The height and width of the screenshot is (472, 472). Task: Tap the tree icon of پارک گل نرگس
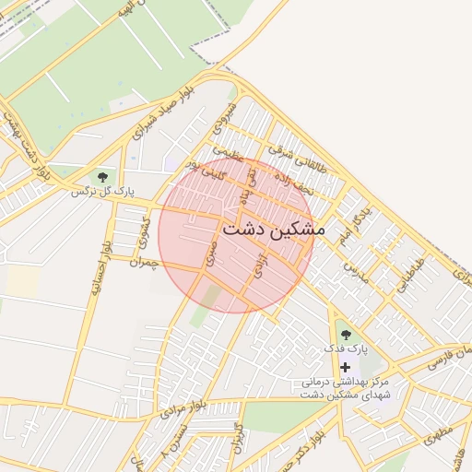coord(101,176)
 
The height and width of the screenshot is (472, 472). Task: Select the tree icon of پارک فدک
coord(346,335)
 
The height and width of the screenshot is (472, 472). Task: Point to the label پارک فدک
coord(346,350)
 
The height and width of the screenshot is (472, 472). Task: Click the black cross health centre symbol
coord(346,367)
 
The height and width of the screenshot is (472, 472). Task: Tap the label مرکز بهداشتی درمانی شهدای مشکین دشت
coord(345,387)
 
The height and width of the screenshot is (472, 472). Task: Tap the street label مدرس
coord(355,271)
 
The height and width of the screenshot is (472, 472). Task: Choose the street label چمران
coord(145,262)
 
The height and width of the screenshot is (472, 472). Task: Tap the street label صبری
coord(213,255)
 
